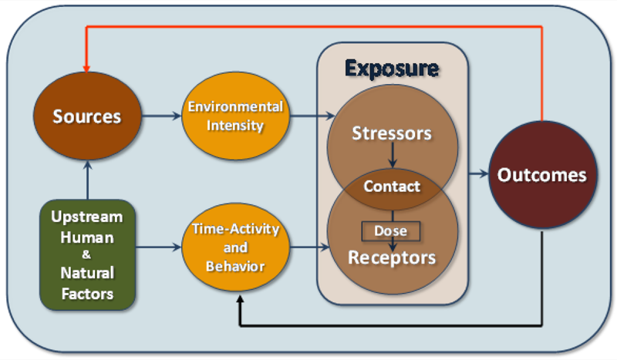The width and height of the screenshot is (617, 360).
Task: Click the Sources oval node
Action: pyautogui.click(x=86, y=117)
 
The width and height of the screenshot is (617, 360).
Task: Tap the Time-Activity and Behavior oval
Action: pyautogui.click(x=235, y=247)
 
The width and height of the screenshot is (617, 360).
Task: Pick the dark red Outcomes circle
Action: pyautogui.click(x=541, y=175)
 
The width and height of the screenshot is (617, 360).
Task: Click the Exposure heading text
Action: pyautogui.click(x=392, y=69)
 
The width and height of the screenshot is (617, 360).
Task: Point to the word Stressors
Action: pyautogui.click(x=392, y=133)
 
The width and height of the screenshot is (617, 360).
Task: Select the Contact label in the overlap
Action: pyautogui.click(x=392, y=186)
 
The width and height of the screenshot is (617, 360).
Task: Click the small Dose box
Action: pyautogui.click(x=392, y=230)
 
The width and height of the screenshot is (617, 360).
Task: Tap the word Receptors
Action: pyautogui.click(x=392, y=257)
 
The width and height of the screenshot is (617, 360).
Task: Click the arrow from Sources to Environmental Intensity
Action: pyautogui.click(x=161, y=117)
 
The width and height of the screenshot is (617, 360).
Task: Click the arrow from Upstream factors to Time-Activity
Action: pyautogui.click(x=157, y=248)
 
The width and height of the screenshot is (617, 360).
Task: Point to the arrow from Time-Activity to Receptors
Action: pyautogui.click(x=308, y=248)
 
